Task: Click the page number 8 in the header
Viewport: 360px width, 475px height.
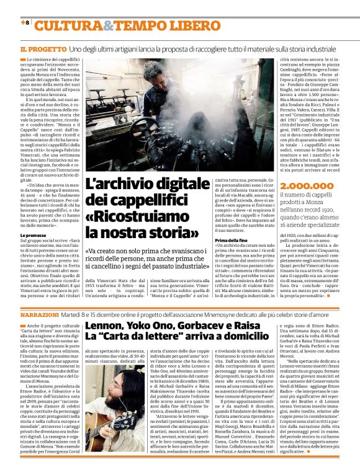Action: tap(27, 22)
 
